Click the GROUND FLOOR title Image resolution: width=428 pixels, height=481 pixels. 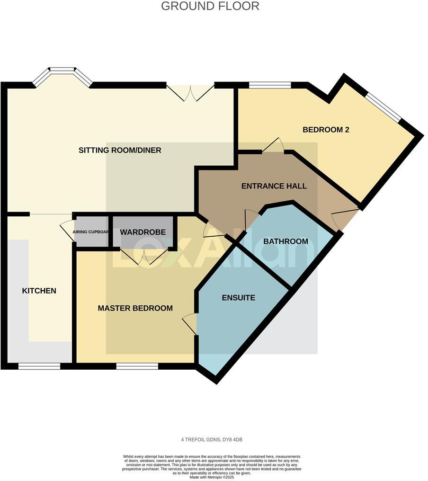(210, 6)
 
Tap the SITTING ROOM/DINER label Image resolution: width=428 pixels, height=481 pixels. (120, 151)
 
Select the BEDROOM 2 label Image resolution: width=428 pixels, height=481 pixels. (326, 130)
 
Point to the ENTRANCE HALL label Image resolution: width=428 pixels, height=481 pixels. (274, 186)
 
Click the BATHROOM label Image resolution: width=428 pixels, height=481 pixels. (285, 241)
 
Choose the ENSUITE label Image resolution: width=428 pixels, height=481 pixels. (239, 298)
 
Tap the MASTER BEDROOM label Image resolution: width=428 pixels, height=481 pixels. (135, 308)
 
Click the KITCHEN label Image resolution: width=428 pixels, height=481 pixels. (39, 291)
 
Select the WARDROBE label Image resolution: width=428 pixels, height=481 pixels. (143, 232)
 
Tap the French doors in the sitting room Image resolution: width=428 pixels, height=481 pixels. (190, 92)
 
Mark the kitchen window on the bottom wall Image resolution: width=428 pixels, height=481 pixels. (39, 366)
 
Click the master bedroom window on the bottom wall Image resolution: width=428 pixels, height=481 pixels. (137, 366)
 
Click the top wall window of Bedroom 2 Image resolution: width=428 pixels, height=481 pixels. (270, 85)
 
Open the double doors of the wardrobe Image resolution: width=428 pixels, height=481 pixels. (144, 256)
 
